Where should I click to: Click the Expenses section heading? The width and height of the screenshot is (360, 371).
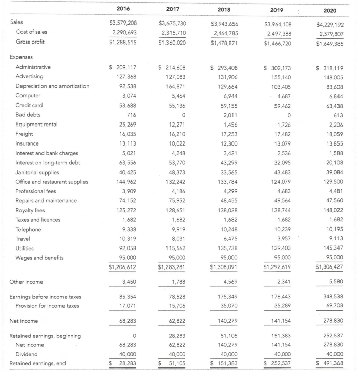23,58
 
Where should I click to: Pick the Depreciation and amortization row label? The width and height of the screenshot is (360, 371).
52,86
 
